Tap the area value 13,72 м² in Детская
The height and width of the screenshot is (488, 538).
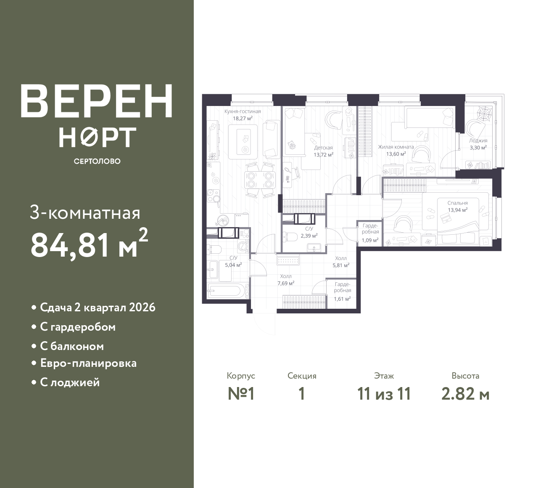(x=323, y=154)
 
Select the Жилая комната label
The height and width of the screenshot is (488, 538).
(x=396, y=147)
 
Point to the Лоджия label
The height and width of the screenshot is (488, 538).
(x=478, y=141)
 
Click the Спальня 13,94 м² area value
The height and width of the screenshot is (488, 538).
(x=457, y=210)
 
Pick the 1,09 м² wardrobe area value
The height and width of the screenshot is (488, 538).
(x=370, y=240)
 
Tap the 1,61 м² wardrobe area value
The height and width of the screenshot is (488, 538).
(x=342, y=299)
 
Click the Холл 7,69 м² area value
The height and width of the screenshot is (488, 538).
(x=285, y=283)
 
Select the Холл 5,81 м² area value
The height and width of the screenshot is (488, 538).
(x=341, y=265)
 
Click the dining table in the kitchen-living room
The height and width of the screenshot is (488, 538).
(x=260, y=180)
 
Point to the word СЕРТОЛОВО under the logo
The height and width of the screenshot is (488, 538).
(x=97, y=161)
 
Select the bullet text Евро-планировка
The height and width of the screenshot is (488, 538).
(x=88, y=363)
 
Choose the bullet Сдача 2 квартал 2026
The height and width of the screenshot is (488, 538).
(x=98, y=308)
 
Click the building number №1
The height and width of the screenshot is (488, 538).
(x=241, y=394)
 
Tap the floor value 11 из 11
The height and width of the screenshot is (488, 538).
(x=384, y=394)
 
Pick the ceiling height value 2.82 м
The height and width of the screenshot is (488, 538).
(x=465, y=394)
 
